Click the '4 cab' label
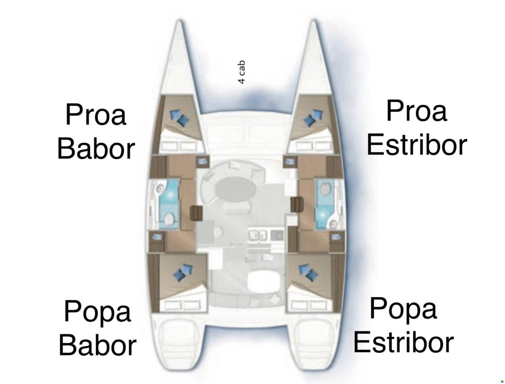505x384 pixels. point(241,72)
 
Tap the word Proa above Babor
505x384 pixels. point(96,114)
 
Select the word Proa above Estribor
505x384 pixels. point(416,111)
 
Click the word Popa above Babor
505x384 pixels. point(97,312)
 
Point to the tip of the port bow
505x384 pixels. point(179,20)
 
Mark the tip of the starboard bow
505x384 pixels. point(314,20)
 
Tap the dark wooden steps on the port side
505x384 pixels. point(196,213)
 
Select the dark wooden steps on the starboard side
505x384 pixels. point(297,205)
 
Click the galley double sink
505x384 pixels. point(258,235)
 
